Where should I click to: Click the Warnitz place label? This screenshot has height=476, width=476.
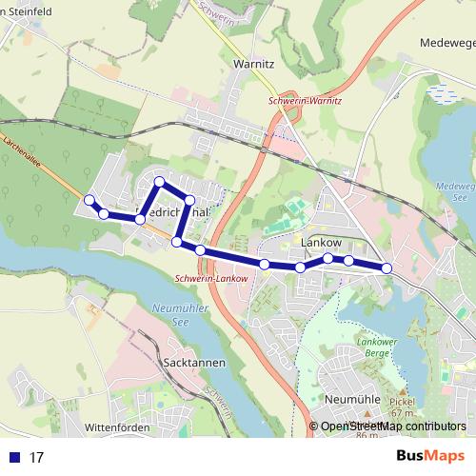click(x=253, y=64)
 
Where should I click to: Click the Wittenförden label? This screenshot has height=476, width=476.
click(x=119, y=428)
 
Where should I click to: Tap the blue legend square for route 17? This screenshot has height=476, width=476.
click(x=14, y=458)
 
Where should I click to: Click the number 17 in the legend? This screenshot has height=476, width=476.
click(x=36, y=458)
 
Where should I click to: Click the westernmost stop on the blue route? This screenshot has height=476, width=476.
click(x=89, y=200)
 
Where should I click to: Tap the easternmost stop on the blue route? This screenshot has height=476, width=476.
click(x=387, y=268)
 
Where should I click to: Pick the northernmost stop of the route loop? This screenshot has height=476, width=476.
click(x=160, y=180)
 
